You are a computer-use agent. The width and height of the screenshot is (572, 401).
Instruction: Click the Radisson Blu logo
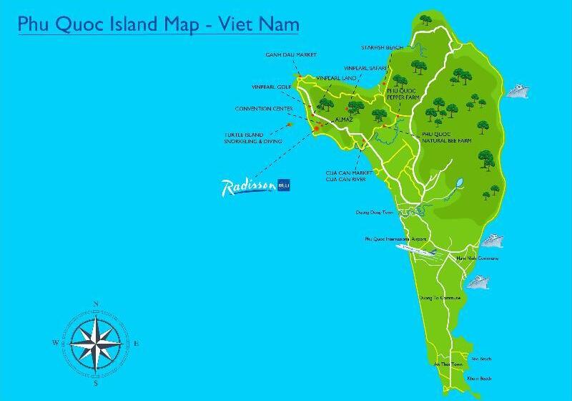tap(256, 187)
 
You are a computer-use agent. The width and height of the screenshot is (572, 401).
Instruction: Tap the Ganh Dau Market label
tap(291, 54)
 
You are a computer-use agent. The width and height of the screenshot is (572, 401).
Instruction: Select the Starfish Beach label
tap(382, 47)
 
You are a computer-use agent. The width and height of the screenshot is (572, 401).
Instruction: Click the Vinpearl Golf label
tap(272, 87)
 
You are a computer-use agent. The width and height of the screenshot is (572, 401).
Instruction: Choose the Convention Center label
tap(265, 109)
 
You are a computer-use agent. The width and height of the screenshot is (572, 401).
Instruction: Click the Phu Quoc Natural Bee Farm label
tap(447, 137)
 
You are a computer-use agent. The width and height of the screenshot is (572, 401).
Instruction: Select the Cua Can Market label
tap(347, 173)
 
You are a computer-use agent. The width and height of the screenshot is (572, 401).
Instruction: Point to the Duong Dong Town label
tap(375, 213)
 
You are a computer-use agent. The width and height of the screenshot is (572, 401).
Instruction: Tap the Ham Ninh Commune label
tap(478, 259)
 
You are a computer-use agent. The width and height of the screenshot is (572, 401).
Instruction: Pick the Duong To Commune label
tap(440, 297)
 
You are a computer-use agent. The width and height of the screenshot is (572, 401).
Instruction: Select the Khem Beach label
tap(480, 378)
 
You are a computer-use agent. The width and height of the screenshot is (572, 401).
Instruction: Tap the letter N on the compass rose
tap(96, 304)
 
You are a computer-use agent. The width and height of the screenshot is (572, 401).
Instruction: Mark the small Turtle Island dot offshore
tap(290, 124)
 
